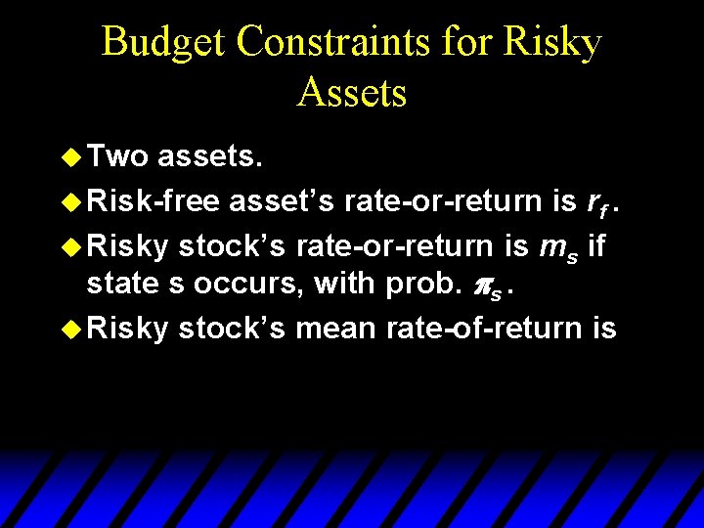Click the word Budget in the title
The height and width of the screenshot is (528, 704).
pyautogui.click(x=162, y=43)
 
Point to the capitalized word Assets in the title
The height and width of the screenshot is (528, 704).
pyautogui.click(x=352, y=93)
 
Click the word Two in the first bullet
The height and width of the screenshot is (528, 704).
pyautogui.click(x=117, y=155)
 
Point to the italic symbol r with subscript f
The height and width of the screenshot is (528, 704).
pyautogui.click(x=594, y=201)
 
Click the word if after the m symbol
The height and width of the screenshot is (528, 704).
pyautogui.click(x=598, y=242)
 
